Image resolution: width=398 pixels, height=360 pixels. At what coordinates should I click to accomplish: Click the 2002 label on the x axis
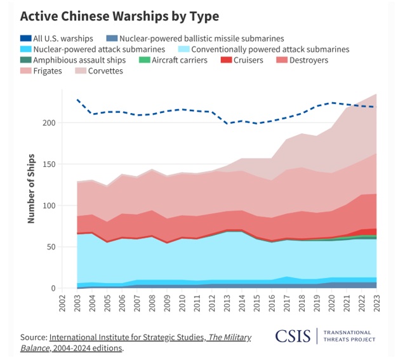[x=64, y=303]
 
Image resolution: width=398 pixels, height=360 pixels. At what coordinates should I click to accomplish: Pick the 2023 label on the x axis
[x=378, y=303]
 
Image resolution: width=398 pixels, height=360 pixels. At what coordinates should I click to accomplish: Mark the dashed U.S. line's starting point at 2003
[x=77, y=100]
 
